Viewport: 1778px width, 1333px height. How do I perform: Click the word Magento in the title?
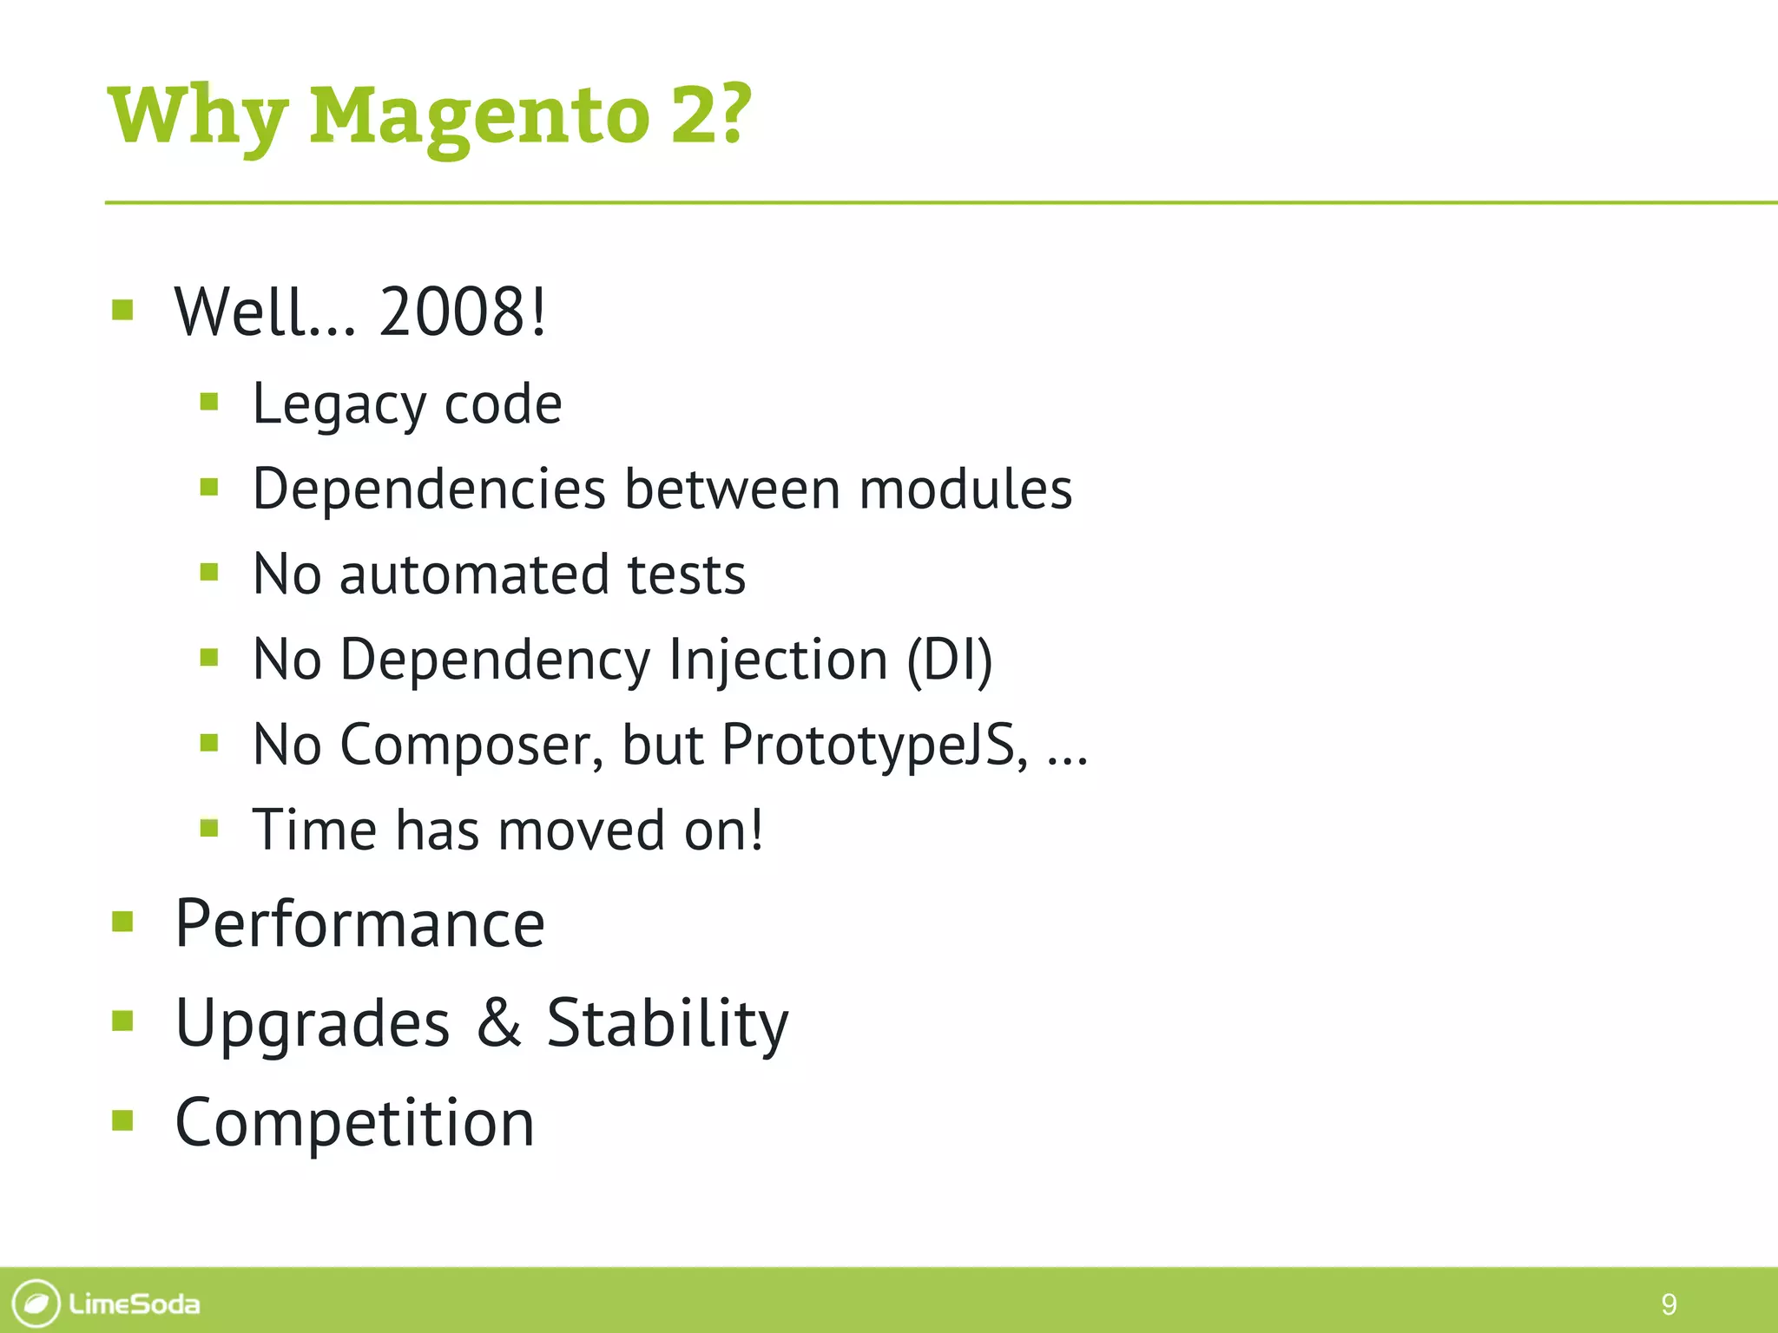[479, 117]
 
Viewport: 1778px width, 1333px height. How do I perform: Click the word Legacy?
[339, 406]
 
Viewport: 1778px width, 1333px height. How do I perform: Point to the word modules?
[965, 489]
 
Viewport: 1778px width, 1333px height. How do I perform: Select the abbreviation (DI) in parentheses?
[949, 660]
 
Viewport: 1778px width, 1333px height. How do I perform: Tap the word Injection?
[779, 660]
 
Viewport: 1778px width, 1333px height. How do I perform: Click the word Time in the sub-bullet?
[314, 830]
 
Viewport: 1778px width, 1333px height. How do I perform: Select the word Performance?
[359, 923]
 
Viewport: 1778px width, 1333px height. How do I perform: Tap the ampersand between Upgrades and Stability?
[499, 1022]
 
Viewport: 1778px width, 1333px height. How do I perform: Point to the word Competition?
[354, 1123]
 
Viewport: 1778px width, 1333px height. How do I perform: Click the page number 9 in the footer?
[1668, 1303]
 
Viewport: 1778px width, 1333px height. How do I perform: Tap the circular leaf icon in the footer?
[36, 1303]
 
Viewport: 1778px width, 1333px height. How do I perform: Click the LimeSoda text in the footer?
[134, 1303]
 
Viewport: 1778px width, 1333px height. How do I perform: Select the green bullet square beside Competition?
[122, 1120]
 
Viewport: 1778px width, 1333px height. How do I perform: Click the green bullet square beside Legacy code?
[208, 401]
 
